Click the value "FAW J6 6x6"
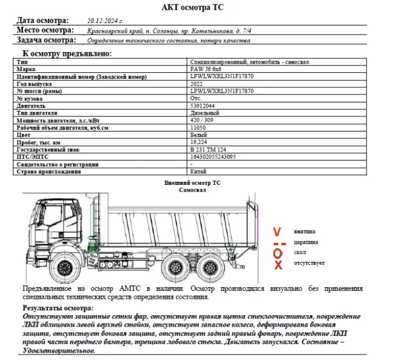(206, 70)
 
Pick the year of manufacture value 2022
(197, 84)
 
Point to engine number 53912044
(202, 105)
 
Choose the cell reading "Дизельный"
(204, 113)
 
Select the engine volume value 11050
(198, 127)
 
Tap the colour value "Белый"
(198, 135)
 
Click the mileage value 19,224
(198, 142)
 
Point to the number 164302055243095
(213, 156)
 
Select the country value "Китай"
(198, 171)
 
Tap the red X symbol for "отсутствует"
(278, 265)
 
